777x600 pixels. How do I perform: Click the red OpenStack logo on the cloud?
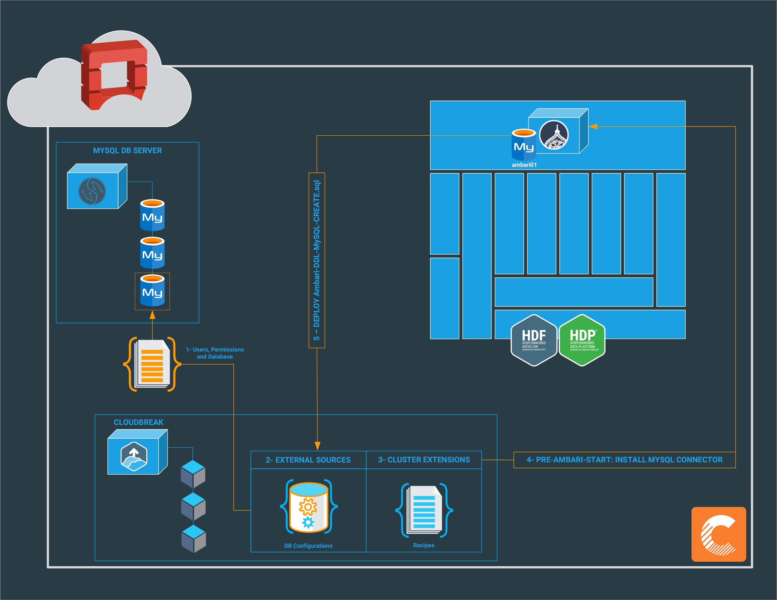(114, 75)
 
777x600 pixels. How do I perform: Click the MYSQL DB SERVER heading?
(127, 151)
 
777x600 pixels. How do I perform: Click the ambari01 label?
(524, 165)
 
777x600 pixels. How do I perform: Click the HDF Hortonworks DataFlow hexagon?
(534, 340)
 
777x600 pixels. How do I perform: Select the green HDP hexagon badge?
(582, 340)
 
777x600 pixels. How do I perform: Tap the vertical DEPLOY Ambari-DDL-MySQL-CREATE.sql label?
(317, 260)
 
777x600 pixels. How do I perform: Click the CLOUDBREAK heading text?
(138, 422)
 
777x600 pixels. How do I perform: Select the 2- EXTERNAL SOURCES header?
(308, 460)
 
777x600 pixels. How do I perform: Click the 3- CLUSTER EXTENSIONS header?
(424, 460)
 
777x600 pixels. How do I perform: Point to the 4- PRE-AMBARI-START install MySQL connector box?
(624, 460)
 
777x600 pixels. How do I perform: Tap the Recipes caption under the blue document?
(424, 545)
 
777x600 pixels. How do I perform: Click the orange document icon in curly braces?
(152, 364)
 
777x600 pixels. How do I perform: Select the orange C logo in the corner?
(718, 534)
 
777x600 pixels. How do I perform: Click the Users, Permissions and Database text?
(215, 353)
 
